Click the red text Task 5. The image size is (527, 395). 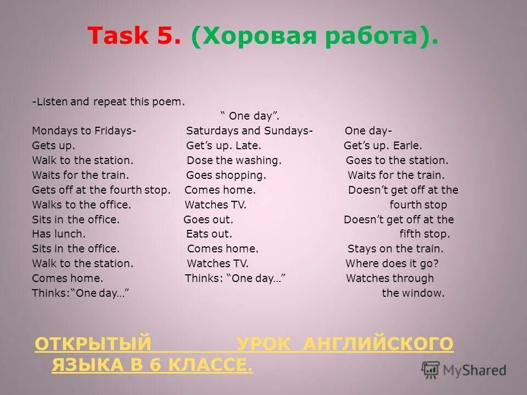[x=134, y=37]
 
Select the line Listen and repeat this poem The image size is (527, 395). [x=109, y=101]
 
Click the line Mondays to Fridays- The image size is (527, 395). [x=84, y=131]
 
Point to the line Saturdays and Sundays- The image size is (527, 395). [x=249, y=131]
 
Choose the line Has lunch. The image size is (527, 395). [x=59, y=234]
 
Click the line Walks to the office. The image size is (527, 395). [x=81, y=205]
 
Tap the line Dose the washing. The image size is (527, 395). [x=234, y=160]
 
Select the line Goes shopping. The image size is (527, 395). [x=226, y=175]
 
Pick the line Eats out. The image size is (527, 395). [x=209, y=234]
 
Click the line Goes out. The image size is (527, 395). [x=208, y=219]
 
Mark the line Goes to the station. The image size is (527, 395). [x=397, y=160]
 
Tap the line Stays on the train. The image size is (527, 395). [x=395, y=249]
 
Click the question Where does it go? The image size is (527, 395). [x=392, y=263]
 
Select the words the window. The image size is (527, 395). [x=413, y=293]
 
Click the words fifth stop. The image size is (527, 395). [x=424, y=234]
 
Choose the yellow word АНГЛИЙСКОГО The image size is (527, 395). [x=378, y=344]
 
